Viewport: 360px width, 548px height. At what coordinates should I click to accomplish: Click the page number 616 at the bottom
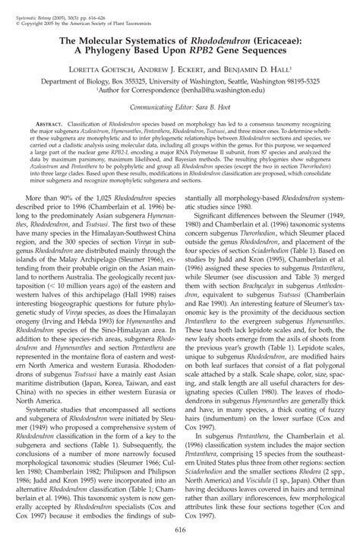click(x=180, y=530)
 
